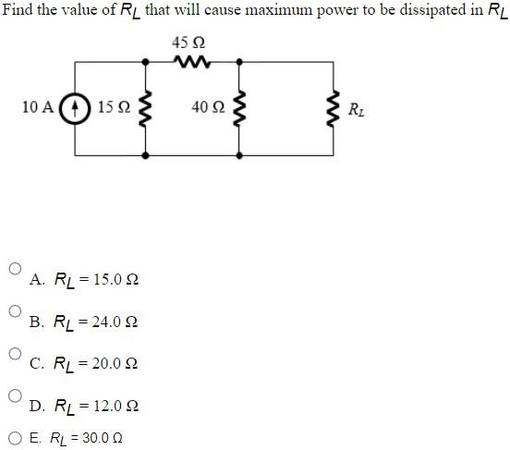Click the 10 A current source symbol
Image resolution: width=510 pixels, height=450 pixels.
coord(74,108)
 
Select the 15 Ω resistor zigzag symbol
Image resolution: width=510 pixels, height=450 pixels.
coord(146,109)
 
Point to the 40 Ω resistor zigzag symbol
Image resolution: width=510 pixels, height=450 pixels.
coord(239,109)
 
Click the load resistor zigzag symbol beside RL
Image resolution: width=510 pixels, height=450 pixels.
coord(334,109)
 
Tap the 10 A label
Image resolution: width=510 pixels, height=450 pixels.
coord(37,108)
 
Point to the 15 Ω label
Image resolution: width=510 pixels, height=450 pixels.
coord(112,108)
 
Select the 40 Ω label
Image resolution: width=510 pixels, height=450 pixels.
coord(208,108)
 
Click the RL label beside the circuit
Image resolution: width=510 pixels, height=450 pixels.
coord(357,110)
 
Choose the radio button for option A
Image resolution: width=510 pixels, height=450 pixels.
coord(14,269)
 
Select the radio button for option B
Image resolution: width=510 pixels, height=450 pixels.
coord(14,311)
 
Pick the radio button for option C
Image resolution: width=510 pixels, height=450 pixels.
coord(14,354)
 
